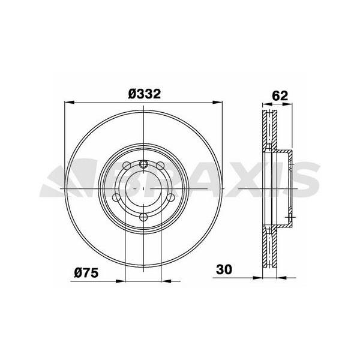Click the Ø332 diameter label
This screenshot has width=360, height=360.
pyautogui.click(x=144, y=94)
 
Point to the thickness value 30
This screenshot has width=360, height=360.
pyautogui.click(x=224, y=269)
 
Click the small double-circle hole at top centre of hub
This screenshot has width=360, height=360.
pyautogui.click(x=144, y=164)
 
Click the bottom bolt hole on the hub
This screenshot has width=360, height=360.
pyautogui.click(x=144, y=217)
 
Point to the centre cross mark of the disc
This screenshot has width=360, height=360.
pyautogui.click(x=144, y=188)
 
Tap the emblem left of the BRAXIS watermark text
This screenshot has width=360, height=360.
pyautogui.click(x=63, y=180)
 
